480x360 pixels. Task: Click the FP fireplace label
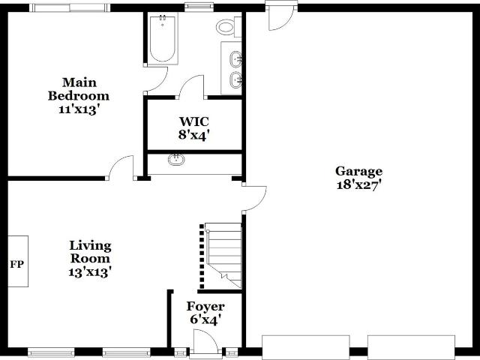pos(16,264)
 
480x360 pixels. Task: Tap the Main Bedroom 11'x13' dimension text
pos(79,109)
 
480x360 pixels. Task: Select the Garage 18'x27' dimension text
pos(358,185)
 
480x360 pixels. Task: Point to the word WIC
pos(194,121)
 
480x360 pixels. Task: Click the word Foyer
pos(205,307)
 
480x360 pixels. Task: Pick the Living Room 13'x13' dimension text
pos(89,271)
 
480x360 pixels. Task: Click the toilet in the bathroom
pos(229,27)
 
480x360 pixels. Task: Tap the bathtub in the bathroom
pos(163,38)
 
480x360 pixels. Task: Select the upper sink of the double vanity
pos(235,59)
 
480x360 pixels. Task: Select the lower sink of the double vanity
pos(235,80)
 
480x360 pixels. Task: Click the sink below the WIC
pos(176,160)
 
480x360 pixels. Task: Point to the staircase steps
pos(223,256)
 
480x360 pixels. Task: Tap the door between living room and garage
pos(254,198)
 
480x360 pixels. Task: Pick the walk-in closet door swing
pos(191,87)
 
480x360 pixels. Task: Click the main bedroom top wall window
pos(70,7)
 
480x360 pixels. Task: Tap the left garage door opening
pos(306,347)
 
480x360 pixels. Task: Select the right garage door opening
pos(411,347)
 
